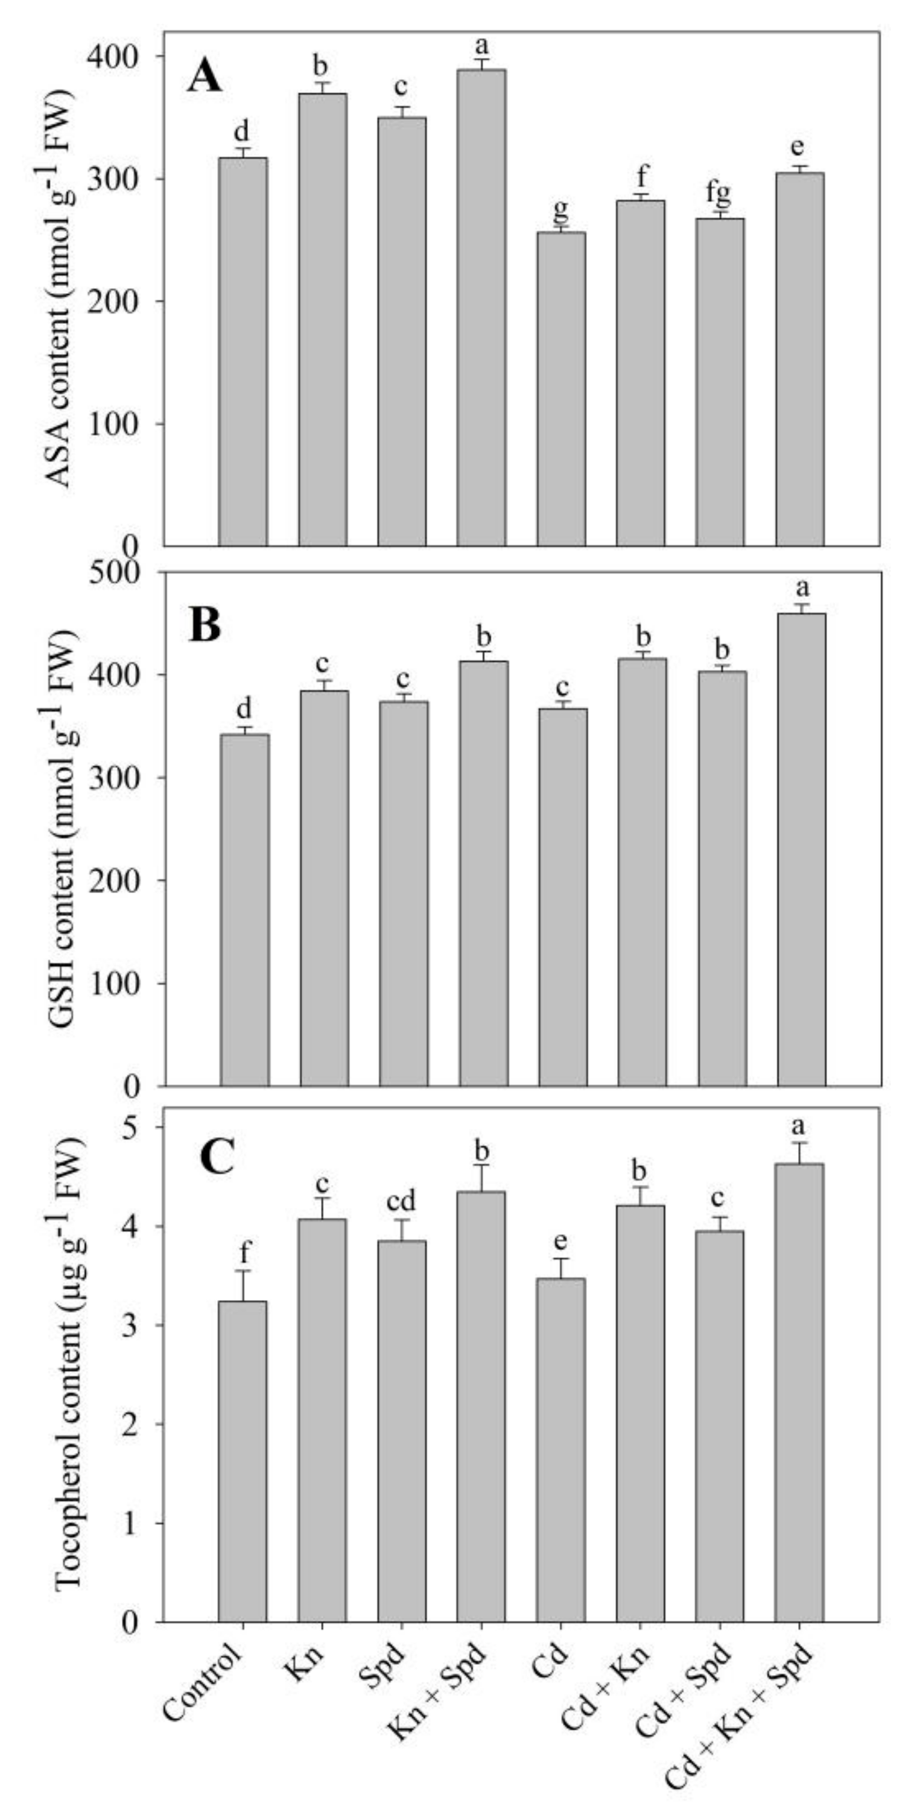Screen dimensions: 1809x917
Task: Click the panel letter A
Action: click(x=205, y=78)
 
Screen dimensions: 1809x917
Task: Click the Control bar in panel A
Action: click(x=243, y=351)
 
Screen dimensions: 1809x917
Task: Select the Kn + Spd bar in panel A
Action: click(x=481, y=309)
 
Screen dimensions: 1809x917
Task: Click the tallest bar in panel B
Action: click(x=802, y=850)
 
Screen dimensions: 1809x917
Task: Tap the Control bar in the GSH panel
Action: click(x=244, y=909)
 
